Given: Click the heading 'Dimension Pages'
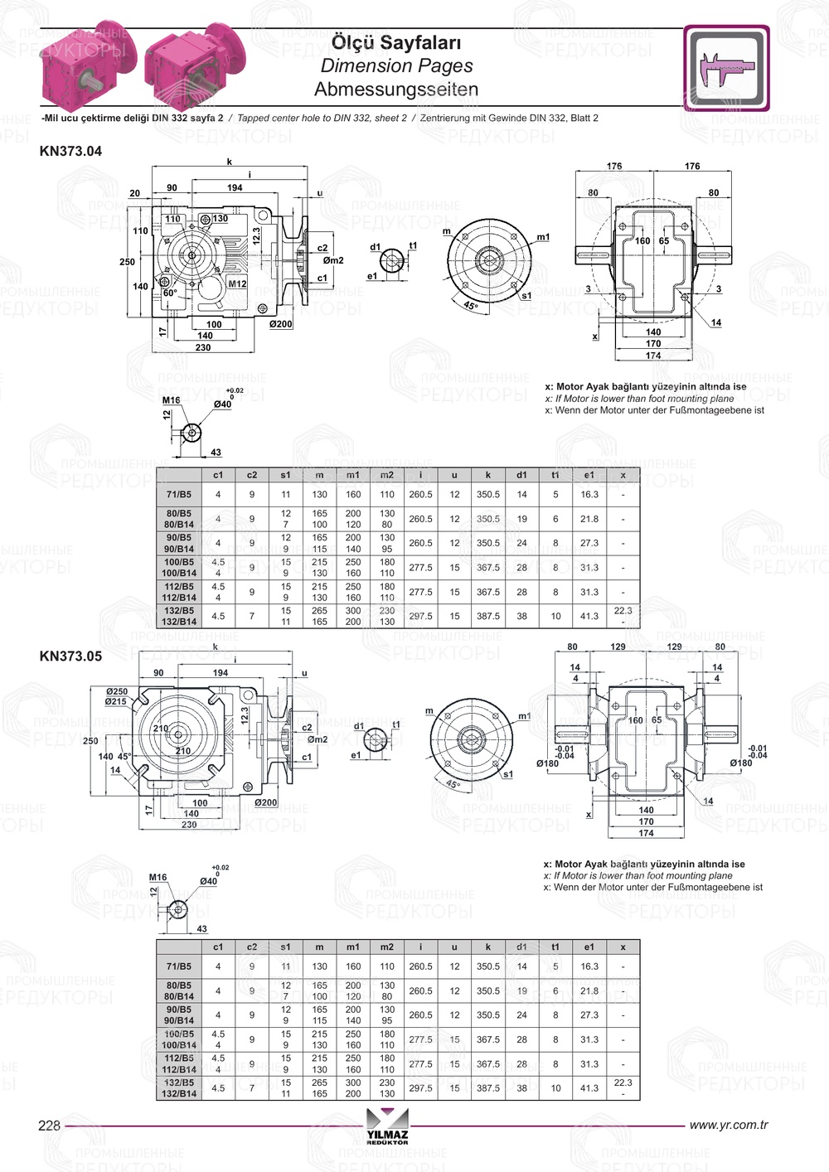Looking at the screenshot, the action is pyautogui.click(x=396, y=66).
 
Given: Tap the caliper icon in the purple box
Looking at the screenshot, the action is pyautogui.click(x=726, y=68).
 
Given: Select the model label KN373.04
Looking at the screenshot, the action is pyautogui.click(x=70, y=151).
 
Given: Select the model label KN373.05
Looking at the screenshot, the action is pyautogui.click(x=70, y=656).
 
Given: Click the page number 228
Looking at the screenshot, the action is pyautogui.click(x=49, y=1125).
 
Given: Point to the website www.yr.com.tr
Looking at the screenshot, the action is pyautogui.click(x=729, y=1125).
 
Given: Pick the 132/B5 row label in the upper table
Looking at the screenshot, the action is pyautogui.click(x=179, y=611).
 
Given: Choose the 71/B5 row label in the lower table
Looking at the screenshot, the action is pyautogui.click(x=179, y=966).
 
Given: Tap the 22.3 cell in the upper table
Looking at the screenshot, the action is pyautogui.click(x=623, y=611).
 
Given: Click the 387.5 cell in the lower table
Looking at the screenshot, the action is pyautogui.click(x=487, y=1087).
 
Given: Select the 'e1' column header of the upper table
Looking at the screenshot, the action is pyautogui.click(x=589, y=475).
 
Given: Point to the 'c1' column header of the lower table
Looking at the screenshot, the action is pyautogui.click(x=218, y=947).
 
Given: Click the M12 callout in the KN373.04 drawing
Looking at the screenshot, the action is pyautogui.click(x=238, y=283).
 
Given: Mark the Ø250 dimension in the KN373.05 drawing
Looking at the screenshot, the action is pyautogui.click(x=116, y=691).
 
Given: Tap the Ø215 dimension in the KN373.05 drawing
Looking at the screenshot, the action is pyautogui.click(x=115, y=702).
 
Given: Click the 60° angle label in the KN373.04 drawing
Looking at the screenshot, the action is pyautogui.click(x=170, y=293).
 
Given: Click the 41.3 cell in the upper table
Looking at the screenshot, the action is pyautogui.click(x=589, y=617).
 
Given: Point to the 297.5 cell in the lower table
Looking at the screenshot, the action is pyautogui.click(x=421, y=1087).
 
